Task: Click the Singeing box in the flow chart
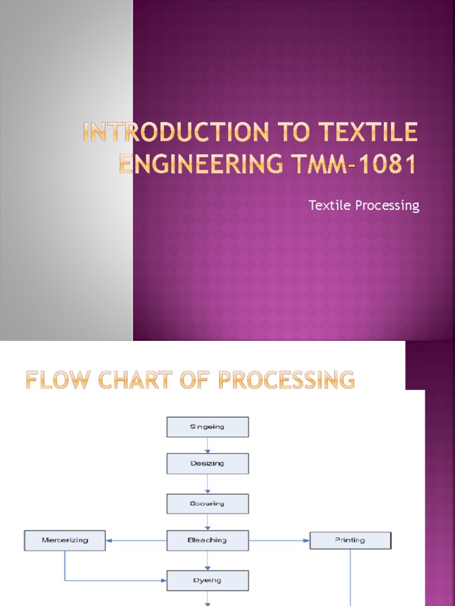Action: coord(207,427)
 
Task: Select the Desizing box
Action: coord(207,464)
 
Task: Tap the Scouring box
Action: coord(207,504)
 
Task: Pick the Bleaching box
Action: coord(207,540)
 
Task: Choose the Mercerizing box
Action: coord(65,540)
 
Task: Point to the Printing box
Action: coord(350,540)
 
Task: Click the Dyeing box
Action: coord(207,581)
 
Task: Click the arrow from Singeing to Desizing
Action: coord(207,446)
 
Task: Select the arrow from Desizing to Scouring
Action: coord(207,484)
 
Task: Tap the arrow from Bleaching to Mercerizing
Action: coord(136,540)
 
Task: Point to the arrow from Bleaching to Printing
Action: coord(279,540)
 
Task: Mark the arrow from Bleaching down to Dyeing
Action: coord(207,560)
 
